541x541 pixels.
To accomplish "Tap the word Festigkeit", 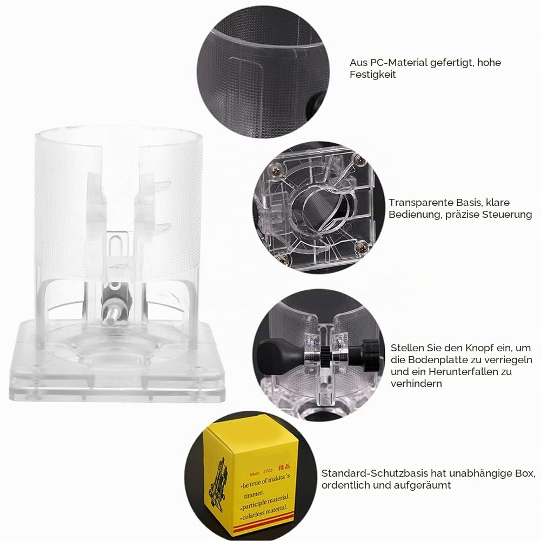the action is pos(372,75).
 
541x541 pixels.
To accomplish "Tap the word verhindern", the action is pos(416,384).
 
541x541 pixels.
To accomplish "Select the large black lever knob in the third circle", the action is pos(277,356).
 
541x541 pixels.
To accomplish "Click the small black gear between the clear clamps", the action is pos(326,355).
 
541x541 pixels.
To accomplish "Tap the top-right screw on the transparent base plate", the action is pos(360,160).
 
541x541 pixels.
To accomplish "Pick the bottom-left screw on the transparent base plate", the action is pos(283,259).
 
